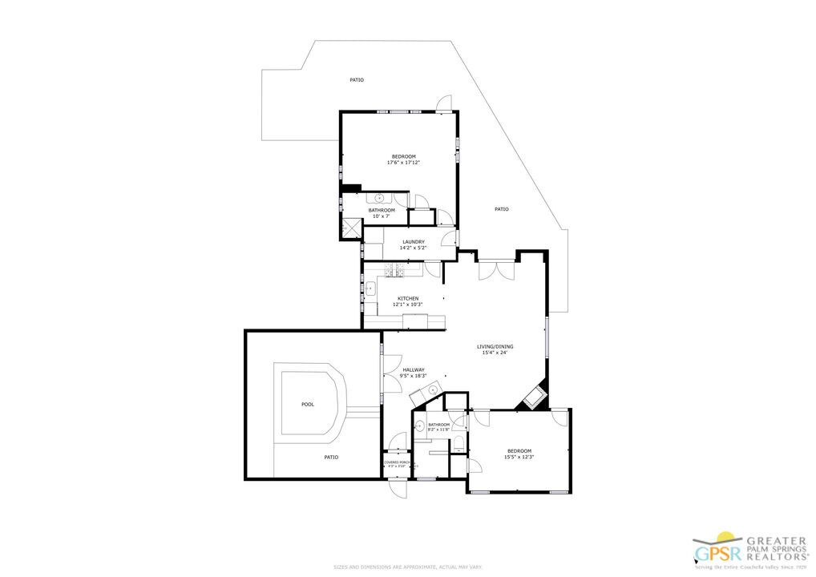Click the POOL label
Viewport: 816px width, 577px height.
(308, 405)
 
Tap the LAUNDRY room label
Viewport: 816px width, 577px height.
(413, 241)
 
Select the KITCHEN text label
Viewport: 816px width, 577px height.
(408, 299)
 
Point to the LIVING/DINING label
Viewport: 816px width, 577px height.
(497, 346)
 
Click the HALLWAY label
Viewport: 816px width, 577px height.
(414, 370)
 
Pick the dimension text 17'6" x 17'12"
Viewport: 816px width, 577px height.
(403, 163)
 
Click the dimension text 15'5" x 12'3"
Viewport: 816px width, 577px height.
(519, 457)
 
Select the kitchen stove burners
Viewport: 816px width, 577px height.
(393, 272)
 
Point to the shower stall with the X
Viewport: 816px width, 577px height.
(349, 228)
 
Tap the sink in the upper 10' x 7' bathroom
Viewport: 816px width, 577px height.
(379, 198)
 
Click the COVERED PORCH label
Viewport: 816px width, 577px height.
(398, 462)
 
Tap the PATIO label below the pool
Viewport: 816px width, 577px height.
(331, 457)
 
